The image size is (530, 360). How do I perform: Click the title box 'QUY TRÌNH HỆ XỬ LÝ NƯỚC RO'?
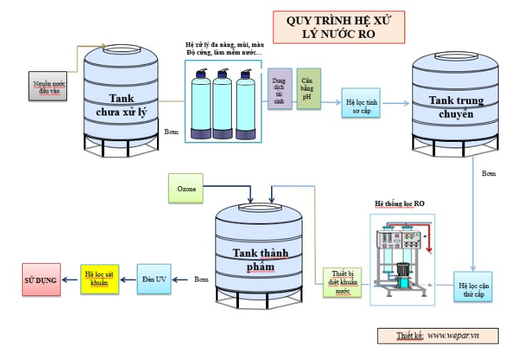339,26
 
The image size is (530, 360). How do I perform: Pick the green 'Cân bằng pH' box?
308,89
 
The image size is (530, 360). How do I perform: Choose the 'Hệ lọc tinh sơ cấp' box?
360,103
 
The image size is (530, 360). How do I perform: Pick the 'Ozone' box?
186,189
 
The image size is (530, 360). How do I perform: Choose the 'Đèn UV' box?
154,279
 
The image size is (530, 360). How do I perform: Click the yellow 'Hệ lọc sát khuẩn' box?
98,279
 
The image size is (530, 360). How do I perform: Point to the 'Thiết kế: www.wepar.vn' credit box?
437,335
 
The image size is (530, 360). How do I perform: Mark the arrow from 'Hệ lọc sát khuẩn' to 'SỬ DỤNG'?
71,279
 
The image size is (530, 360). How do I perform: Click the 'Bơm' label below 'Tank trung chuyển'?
489,173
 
